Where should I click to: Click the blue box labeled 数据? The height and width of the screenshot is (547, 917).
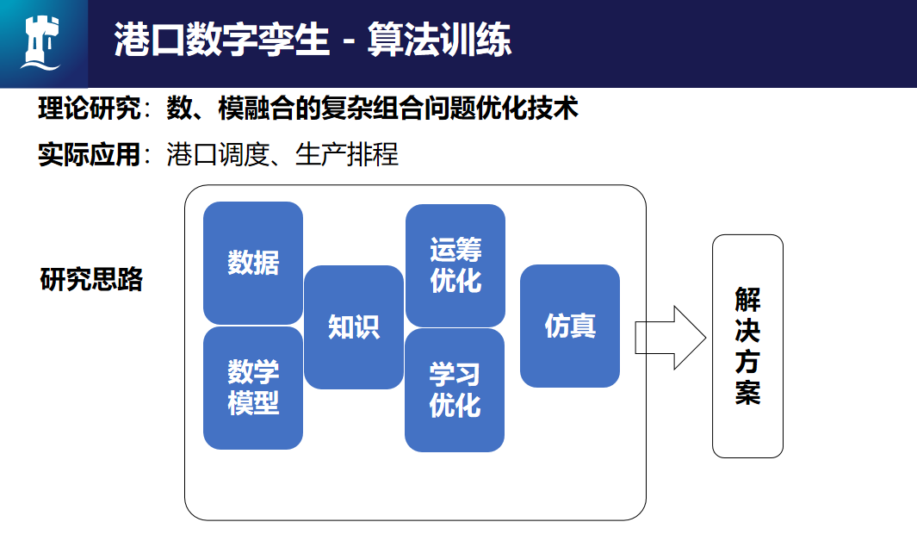point(253,263)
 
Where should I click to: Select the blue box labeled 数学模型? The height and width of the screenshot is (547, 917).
point(253,388)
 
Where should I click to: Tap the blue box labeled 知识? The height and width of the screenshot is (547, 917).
point(354,326)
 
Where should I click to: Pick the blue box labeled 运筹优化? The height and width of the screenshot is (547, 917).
point(455,265)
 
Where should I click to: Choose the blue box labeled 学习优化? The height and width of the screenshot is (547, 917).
point(455,389)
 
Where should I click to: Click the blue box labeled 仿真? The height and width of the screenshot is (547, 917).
point(570,326)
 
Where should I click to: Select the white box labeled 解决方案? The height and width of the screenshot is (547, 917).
point(747,345)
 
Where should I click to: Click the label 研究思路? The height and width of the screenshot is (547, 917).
point(92,280)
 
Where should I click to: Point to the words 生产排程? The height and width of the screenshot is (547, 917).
point(347,155)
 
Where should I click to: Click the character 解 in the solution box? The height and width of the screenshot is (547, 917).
point(747,299)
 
